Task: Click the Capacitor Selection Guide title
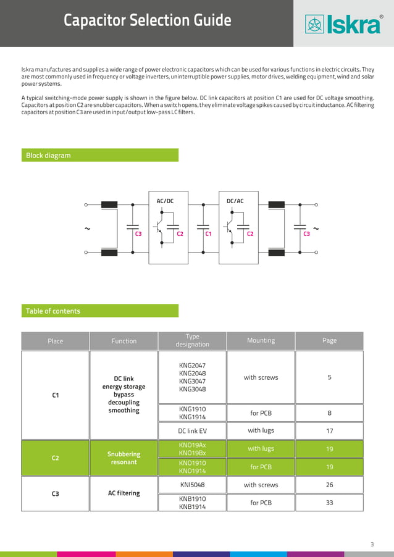(148, 21)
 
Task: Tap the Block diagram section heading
(48, 156)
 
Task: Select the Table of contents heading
(53, 311)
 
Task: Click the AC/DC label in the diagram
(165, 201)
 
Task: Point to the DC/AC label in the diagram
(235, 201)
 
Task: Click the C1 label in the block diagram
(209, 234)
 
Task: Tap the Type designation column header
(192, 340)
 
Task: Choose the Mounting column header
(261, 340)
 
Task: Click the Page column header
(329, 340)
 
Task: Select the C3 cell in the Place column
(56, 493)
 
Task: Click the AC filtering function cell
(124, 493)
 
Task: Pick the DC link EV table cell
(192, 431)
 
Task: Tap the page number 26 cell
(329, 485)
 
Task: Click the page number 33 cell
(329, 503)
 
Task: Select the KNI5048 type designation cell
(192, 485)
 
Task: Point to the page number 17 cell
(329, 431)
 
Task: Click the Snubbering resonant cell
(124, 458)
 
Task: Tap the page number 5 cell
(329, 377)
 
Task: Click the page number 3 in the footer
(372, 544)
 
